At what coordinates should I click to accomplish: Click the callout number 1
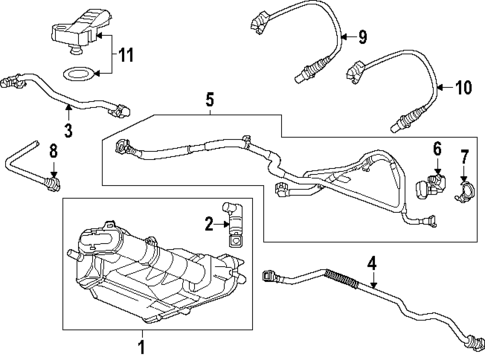point(141,347)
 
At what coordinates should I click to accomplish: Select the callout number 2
point(210,223)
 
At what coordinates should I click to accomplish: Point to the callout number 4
point(371,264)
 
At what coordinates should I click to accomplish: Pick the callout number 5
point(210,99)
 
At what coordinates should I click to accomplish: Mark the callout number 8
point(54,152)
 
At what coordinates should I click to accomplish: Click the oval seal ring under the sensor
point(78,74)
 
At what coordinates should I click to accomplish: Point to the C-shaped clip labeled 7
point(466,186)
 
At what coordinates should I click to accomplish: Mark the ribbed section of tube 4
point(339,276)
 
